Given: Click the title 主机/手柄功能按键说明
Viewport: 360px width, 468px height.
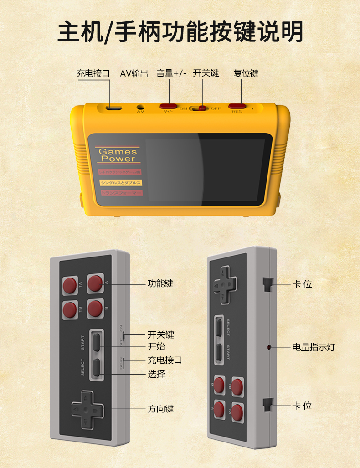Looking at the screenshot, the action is click(180, 32).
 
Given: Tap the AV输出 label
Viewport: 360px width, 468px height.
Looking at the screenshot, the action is click(134, 73).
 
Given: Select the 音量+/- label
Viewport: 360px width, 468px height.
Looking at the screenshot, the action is click(171, 73).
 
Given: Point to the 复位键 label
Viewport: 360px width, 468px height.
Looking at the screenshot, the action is click(246, 73).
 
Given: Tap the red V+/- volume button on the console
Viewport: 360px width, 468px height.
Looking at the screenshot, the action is click(168, 106).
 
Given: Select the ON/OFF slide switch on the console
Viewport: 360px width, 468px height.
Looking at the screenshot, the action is click(200, 108).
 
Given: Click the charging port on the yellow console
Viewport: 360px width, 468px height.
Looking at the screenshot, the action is click(113, 108).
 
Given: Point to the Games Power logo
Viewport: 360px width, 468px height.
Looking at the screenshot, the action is click(118, 155).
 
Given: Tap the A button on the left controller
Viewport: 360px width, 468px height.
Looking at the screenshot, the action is click(95, 283).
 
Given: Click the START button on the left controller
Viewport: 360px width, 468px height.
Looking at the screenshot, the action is click(97, 342).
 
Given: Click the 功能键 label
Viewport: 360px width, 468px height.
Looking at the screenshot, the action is click(160, 283).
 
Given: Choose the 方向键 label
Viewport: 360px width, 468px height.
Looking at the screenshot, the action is click(160, 409).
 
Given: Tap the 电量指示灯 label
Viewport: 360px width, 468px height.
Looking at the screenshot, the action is click(314, 347).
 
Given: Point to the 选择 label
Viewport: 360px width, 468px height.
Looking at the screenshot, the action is click(156, 374).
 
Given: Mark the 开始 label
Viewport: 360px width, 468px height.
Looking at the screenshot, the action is click(156, 346).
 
